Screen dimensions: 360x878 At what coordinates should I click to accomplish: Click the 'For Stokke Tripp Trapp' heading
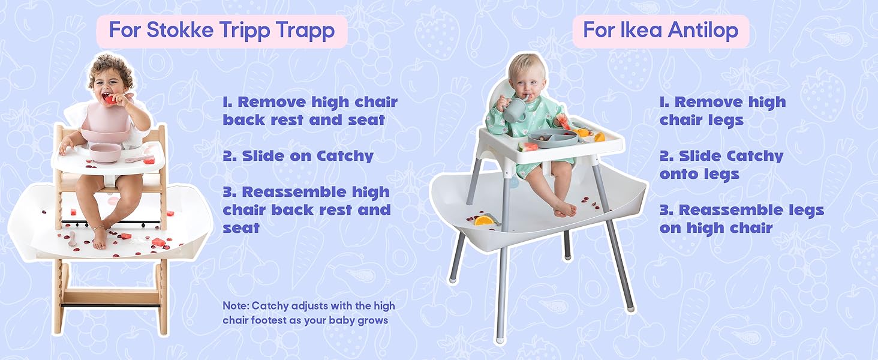221,31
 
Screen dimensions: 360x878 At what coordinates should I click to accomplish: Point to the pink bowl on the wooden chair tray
105,152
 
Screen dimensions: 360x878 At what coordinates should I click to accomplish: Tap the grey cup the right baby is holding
515,110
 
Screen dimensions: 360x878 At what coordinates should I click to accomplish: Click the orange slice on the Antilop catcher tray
484,220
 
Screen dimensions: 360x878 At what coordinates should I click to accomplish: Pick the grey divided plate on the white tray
552,137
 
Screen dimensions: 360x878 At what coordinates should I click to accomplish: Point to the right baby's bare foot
565,209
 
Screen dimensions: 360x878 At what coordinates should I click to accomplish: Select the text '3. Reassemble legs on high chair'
741,219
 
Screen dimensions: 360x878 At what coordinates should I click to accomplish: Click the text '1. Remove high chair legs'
722,111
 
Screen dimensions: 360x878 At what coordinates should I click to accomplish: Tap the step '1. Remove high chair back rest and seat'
309,111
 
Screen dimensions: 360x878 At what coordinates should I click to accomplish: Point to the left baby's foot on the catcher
100,239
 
